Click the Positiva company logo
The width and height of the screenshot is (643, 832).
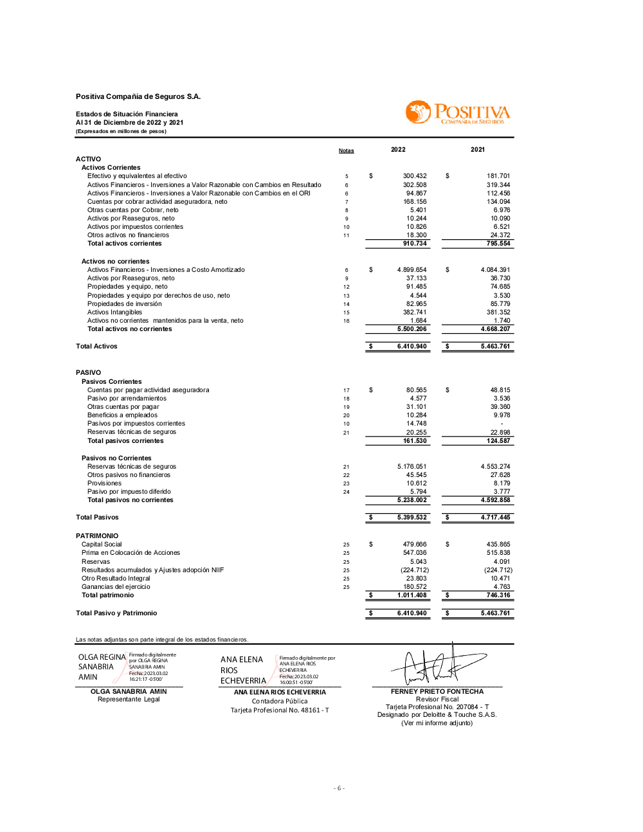[457, 113]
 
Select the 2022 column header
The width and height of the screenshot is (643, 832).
[398, 150]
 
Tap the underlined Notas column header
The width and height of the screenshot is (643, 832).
[346, 151]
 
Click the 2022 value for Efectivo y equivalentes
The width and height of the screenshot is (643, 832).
[415, 176]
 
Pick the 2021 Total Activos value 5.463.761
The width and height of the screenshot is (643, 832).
[495, 347]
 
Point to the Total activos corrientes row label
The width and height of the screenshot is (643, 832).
[125, 244]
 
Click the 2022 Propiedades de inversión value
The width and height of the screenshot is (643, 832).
[416, 304]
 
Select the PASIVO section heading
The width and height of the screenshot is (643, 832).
[88, 373]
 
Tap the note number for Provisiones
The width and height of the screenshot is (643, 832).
[346, 484]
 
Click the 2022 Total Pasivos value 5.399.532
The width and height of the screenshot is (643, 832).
[412, 518]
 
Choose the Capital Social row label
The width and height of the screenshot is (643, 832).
[102, 545]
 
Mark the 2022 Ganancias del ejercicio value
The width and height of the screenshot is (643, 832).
[415, 587]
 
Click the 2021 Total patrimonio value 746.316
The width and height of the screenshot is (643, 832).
[498, 595]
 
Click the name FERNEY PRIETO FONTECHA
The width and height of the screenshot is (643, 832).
[437, 692]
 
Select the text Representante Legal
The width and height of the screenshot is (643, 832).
[129, 700]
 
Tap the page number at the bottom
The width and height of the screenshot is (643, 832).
[339, 788]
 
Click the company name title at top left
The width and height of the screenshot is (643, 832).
[138, 97]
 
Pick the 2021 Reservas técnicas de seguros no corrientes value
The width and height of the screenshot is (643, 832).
[495, 467]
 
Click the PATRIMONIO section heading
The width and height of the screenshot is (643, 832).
[97, 536]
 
